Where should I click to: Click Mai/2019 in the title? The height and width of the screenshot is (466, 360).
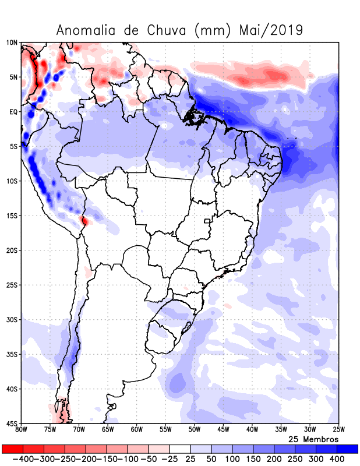(x=271, y=30)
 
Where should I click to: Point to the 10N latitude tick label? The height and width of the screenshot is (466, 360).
(x=12, y=43)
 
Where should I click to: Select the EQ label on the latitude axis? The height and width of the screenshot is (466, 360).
(x=13, y=112)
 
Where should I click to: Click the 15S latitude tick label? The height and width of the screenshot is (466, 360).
(x=12, y=216)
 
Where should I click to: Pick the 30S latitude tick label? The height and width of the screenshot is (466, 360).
(x=12, y=320)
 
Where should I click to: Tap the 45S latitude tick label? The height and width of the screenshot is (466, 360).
(x=12, y=423)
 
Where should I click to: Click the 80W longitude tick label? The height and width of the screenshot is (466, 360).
(x=22, y=430)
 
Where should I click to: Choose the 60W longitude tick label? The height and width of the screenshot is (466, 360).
(x=137, y=430)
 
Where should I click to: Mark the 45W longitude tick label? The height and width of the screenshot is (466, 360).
(x=223, y=430)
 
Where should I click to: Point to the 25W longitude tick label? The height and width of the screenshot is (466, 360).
(x=338, y=430)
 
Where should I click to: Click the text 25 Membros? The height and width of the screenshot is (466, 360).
(x=314, y=439)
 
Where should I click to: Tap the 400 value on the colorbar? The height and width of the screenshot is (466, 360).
(x=337, y=459)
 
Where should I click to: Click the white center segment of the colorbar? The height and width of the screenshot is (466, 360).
(x=179, y=449)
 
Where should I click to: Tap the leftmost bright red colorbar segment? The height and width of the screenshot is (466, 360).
(x=13, y=449)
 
